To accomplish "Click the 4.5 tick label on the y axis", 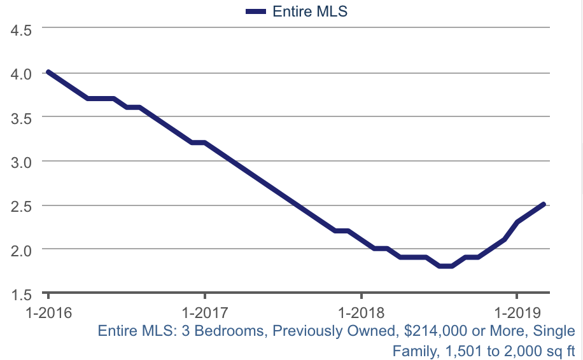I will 22,30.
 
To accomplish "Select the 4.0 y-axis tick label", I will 22,74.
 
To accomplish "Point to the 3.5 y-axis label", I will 22,118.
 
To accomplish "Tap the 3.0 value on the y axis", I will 22,162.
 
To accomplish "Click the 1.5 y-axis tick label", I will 22,294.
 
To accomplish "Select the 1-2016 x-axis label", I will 48,314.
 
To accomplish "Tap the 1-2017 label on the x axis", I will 204,314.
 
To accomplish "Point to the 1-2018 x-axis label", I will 361,314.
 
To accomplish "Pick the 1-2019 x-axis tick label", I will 517,314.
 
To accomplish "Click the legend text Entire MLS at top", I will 310,11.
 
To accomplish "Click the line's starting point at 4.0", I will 48,73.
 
